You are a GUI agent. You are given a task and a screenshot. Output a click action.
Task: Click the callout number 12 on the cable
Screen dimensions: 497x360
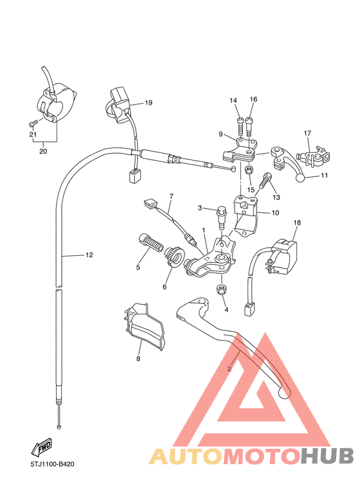point(89,255)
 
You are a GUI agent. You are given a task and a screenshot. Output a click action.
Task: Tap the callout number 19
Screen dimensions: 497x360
point(148,103)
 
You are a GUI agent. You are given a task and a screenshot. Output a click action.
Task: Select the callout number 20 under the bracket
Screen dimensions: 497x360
point(43,152)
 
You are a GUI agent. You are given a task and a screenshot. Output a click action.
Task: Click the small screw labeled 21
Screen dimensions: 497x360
point(31,123)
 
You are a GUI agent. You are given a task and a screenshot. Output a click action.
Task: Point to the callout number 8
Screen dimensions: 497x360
point(138,359)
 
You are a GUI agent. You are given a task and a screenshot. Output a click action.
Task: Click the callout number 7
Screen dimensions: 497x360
point(172,196)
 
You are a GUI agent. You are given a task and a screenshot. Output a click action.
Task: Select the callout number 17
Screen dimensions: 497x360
point(307,134)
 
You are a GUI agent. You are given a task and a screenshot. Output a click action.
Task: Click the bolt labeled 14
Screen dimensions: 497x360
point(239,120)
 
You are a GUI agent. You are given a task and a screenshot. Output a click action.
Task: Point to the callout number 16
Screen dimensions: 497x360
point(253,100)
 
